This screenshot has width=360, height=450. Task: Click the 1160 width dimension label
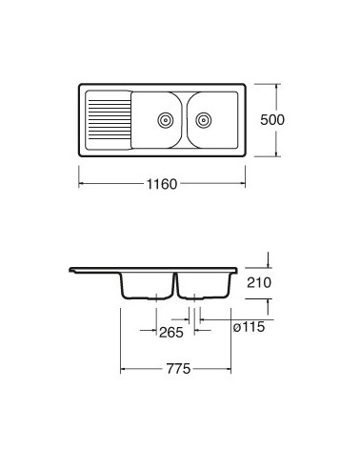point(162,184)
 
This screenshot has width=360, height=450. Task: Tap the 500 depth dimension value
point(272,120)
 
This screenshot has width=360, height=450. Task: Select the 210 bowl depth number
point(259,282)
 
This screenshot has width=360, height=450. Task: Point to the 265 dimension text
point(171,333)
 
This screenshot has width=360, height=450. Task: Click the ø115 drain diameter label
point(249,327)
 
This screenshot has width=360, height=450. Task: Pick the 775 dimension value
point(178,369)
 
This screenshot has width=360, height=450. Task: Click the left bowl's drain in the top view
point(166,120)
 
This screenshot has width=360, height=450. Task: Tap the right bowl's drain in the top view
point(204,120)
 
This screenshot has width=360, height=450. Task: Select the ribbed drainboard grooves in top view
point(110,120)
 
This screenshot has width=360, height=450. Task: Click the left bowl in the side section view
point(148,286)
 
